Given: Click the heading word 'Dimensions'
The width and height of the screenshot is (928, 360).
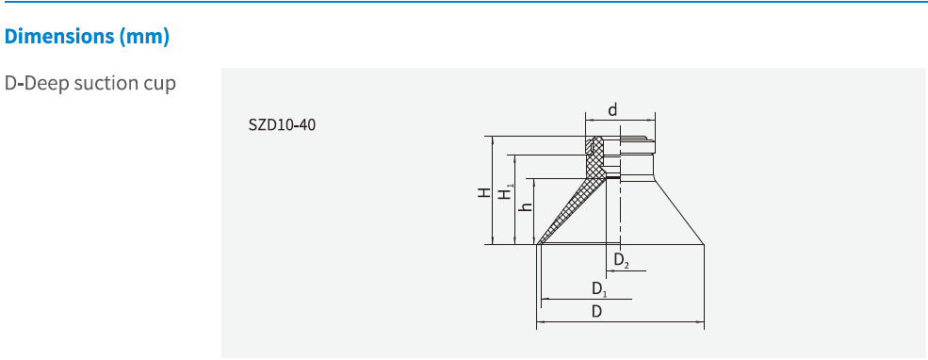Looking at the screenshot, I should [58, 38].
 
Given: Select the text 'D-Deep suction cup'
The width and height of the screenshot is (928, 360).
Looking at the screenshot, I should [90, 83].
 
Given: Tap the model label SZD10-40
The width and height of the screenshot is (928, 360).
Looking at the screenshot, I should [282, 124].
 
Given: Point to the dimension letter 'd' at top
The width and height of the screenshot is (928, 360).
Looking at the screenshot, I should [612, 110].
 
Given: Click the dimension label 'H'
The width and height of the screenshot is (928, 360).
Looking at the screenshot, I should [482, 192].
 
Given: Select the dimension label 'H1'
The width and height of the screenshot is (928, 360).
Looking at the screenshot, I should [506, 191].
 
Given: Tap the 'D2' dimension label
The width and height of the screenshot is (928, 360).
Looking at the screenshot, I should [621, 259].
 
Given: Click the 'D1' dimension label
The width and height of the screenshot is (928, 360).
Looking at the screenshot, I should [599, 288].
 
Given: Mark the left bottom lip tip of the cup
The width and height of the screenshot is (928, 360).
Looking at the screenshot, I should [538, 245].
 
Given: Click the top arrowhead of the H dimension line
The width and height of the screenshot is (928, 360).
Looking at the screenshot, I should [492, 138].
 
